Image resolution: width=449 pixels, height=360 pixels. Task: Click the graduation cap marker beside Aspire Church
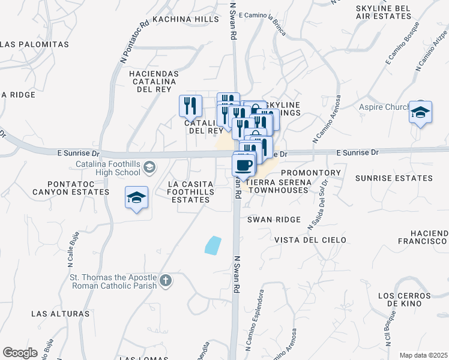pyautogui.click(x=421, y=112)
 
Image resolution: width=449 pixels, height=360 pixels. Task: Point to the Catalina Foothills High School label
pyautogui.click(x=107, y=167)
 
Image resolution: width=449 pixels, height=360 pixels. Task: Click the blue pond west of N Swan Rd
pyautogui.click(x=212, y=245)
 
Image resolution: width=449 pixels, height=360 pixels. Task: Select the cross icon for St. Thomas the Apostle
pyautogui.click(x=166, y=280)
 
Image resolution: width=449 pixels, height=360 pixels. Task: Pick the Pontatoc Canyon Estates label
pyautogui.click(x=55, y=187)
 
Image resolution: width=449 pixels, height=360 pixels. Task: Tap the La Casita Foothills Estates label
pyautogui.click(x=190, y=191)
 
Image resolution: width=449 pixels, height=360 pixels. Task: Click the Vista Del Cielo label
pyautogui.click(x=310, y=240)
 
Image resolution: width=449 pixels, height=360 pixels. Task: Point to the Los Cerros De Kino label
pyautogui.click(x=411, y=301)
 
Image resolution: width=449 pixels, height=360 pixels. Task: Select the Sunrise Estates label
pyautogui.click(x=393, y=178)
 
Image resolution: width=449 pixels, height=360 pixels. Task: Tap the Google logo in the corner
pyautogui.click(x=20, y=352)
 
